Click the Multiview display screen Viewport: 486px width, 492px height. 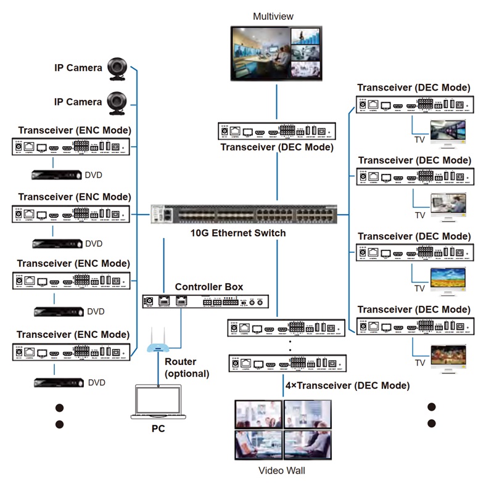pos(276,53)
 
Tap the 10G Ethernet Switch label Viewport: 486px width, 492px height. pos(238,233)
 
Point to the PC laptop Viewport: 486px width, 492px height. pos(158,401)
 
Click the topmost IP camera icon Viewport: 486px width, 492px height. pos(117,68)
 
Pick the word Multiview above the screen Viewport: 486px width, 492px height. pos(273,16)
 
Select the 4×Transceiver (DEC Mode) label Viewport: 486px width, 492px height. pos(347,385)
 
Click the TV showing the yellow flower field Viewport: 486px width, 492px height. pos(448,281)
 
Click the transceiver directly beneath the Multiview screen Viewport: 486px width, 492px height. pos(277,131)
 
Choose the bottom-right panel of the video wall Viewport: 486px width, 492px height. pos(308,443)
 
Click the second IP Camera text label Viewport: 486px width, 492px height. pos(78,102)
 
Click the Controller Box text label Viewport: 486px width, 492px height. pos(208,287)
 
